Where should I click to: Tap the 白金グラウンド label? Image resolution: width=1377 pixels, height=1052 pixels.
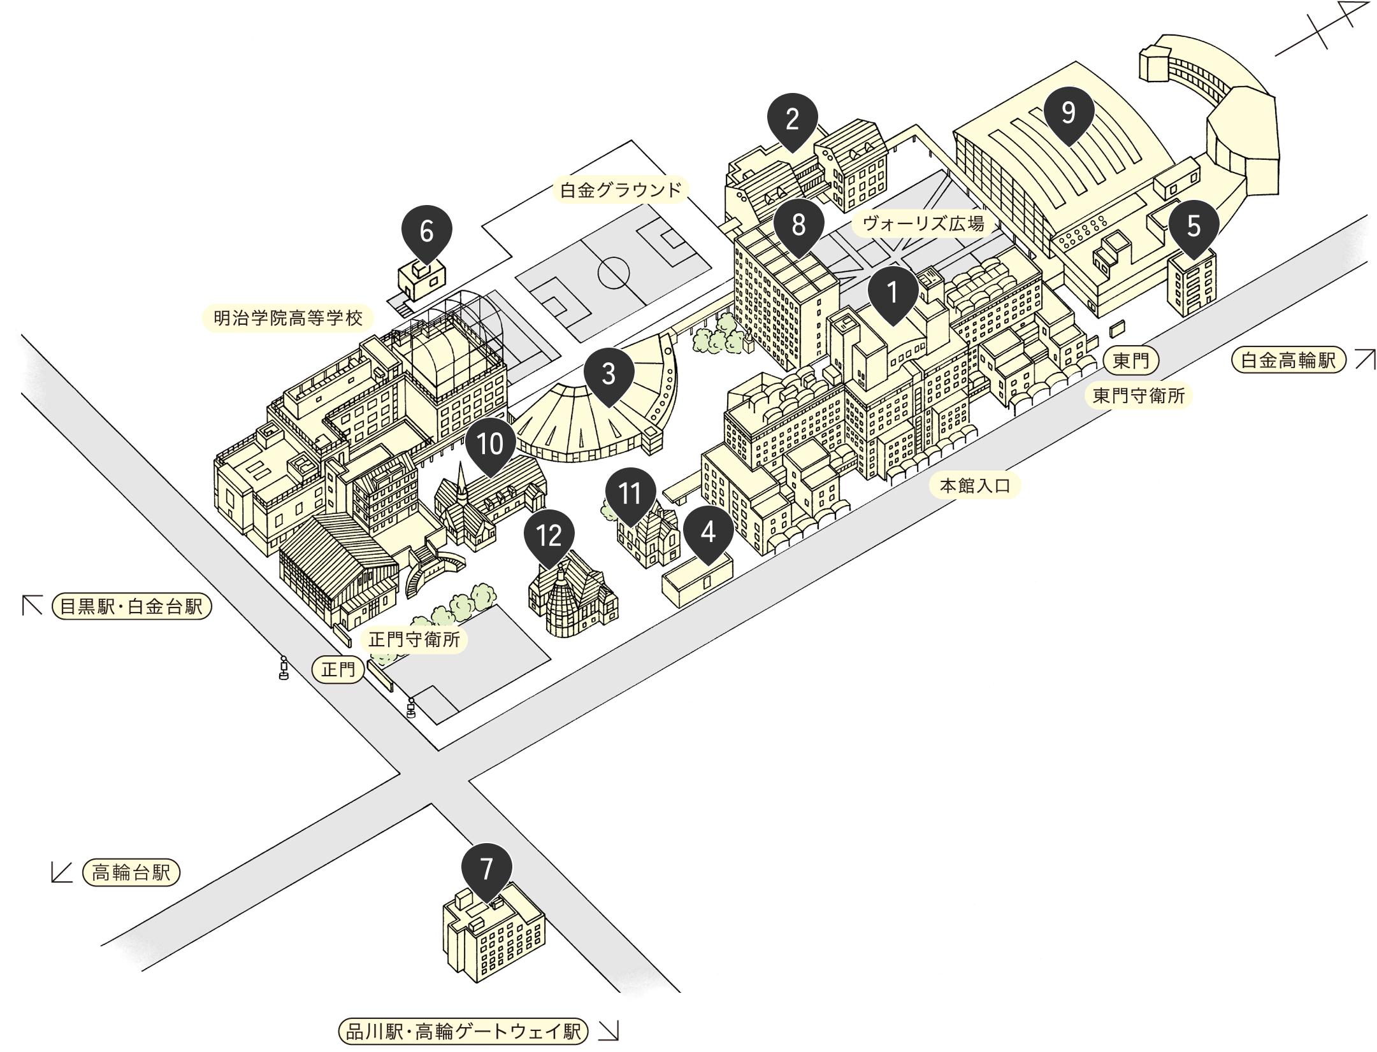pyautogui.click(x=621, y=190)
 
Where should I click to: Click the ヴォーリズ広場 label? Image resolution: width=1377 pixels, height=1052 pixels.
pyautogui.click(x=923, y=224)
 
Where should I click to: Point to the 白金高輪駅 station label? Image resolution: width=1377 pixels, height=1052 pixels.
pyautogui.click(x=1288, y=360)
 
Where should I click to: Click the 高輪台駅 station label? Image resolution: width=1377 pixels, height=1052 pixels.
pyautogui.click(x=131, y=872)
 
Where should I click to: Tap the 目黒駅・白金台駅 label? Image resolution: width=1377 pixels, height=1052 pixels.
pyautogui.click(x=131, y=607)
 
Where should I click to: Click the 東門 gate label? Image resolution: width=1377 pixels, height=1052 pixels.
pyautogui.click(x=1131, y=361)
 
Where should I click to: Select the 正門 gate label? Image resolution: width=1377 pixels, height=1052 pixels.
pyautogui.click(x=338, y=670)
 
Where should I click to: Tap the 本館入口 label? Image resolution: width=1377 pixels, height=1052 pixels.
pyautogui.click(x=976, y=486)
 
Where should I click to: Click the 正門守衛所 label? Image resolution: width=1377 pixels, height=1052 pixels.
pyautogui.click(x=414, y=639)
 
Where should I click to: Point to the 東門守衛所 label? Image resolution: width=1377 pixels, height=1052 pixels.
pyautogui.click(x=1139, y=396)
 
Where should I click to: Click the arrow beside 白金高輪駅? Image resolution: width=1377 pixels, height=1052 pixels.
pyautogui.click(x=1365, y=359)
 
